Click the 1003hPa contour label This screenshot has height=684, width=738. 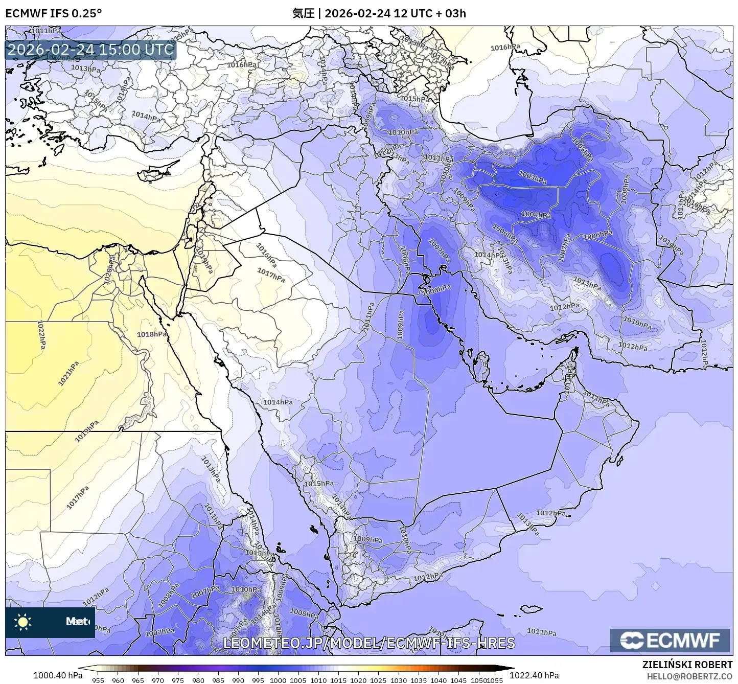(532, 177)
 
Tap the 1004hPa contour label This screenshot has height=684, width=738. (536, 215)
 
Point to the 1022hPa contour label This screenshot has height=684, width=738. (41, 335)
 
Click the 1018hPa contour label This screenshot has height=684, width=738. (152, 334)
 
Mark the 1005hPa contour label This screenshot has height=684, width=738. (583, 149)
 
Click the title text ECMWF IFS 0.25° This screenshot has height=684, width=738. (54, 13)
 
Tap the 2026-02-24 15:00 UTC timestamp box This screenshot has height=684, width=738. (90, 50)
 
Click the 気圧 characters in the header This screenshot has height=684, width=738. (303, 13)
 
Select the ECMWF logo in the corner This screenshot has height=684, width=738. (670, 640)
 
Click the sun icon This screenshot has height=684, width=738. (23, 622)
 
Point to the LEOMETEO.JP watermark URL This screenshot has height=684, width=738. (369, 643)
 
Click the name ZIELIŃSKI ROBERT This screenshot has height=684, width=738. (687, 665)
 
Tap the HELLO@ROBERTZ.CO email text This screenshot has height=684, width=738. (689, 676)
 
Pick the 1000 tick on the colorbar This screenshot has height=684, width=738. (278, 680)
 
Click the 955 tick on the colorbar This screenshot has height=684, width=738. (98, 680)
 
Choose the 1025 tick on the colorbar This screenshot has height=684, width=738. (378, 680)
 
